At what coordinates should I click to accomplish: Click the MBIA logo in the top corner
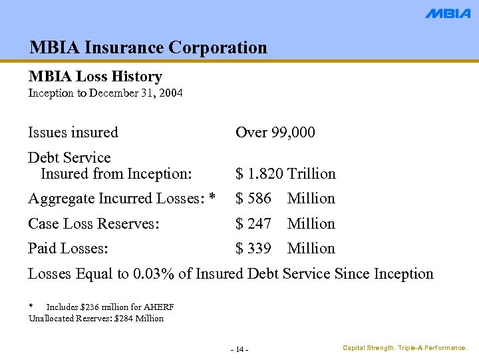pos(448,13)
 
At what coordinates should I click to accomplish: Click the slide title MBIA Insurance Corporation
pos(148,47)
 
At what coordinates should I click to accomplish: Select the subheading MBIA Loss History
pos(95,77)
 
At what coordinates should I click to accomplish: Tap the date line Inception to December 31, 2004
pos(105,93)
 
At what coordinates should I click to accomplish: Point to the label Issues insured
pos(73,132)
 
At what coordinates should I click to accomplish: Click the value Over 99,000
pos(275,132)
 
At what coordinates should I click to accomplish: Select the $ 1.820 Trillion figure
pos(285,174)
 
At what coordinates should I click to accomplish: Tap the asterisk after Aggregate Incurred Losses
pos(212,198)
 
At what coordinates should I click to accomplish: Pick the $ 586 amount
pos(253,199)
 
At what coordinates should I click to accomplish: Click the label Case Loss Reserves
pos(93,224)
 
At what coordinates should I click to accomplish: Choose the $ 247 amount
pos(253,224)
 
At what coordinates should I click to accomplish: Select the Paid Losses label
pos(68,249)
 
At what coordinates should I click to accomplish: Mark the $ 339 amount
pos(253,249)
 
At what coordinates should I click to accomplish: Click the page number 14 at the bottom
pos(239,350)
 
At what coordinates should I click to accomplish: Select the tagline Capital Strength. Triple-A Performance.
pos(404,348)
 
